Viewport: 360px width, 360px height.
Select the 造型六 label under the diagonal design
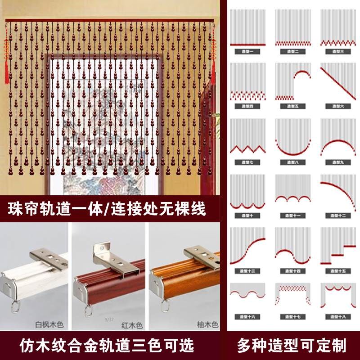(x=337, y=106)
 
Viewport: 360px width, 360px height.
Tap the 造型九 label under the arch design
(x=337, y=161)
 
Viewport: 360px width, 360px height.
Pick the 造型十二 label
(x=337, y=215)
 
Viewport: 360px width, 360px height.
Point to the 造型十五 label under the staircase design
(x=337, y=270)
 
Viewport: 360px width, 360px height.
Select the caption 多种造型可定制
(x=292, y=346)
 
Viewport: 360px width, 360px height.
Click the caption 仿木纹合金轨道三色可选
(x=108, y=346)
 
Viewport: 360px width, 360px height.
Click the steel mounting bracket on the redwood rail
(x=110, y=261)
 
